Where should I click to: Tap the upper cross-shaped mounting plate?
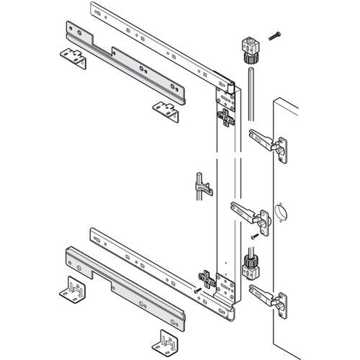(228, 115)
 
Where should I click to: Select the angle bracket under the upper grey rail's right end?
(167, 109)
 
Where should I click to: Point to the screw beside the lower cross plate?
(197, 289)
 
